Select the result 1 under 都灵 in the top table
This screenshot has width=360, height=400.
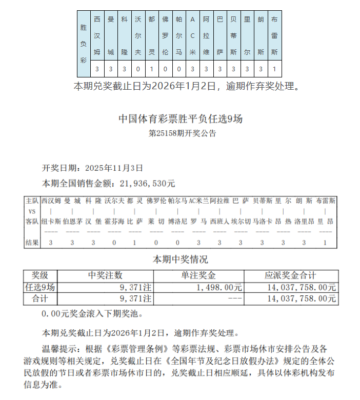tap(151, 69)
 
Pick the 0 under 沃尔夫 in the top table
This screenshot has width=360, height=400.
tap(137, 69)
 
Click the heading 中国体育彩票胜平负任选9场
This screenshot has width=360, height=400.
tap(181, 119)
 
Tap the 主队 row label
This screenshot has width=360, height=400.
tap(32, 201)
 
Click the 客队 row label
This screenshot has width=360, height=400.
tap(32, 222)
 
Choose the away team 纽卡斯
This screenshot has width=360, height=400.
tap(51, 222)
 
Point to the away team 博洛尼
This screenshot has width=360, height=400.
tap(177, 222)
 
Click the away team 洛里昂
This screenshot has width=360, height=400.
tap(305, 222)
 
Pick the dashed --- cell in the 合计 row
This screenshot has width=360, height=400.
tap(234, 298)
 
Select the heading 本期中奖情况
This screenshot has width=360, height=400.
tap(181, 259)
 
